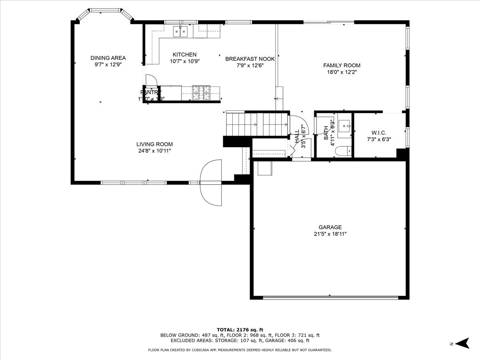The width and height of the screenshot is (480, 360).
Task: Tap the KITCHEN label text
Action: [184, 55]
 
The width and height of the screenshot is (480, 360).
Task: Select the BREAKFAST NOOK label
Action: [250, 59]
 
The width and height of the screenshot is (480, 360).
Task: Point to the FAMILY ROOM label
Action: [342, 66]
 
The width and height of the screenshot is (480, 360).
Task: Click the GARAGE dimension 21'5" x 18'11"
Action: [330, 234]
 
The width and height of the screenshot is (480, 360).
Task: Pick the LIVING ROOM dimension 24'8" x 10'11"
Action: [154, 151]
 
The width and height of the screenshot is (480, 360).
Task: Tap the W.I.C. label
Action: [378, 133]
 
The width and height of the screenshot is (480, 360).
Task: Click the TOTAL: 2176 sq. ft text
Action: [240, 329]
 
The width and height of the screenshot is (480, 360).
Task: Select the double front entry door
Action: [211, 182]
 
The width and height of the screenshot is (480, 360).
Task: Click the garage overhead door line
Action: [330, 298]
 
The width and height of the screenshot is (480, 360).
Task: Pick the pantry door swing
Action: [151, 80]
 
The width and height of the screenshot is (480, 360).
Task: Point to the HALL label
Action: [297, 136]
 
